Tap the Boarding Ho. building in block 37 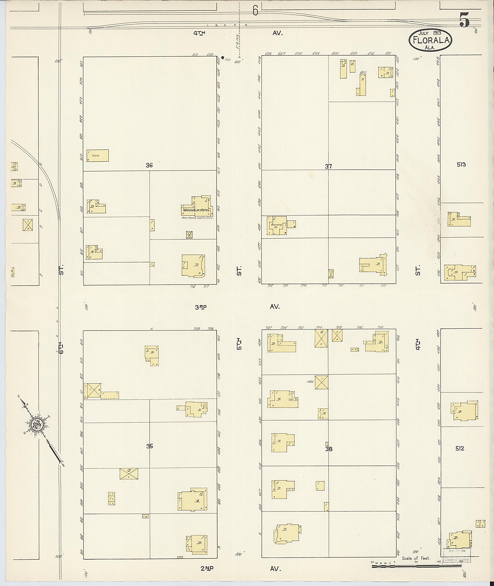(x=276, y=226)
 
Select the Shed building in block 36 (x=97, y=155)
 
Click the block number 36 (x=149, y=165)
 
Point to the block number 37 (x=328, y=166)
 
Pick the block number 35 (x=150, y=446)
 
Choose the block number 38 (x=329, y=449)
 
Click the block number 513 (x=461, y=165)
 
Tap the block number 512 (x=460, y=448)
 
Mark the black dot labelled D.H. (x=223, y=58)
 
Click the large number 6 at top (x=255, y=11)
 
